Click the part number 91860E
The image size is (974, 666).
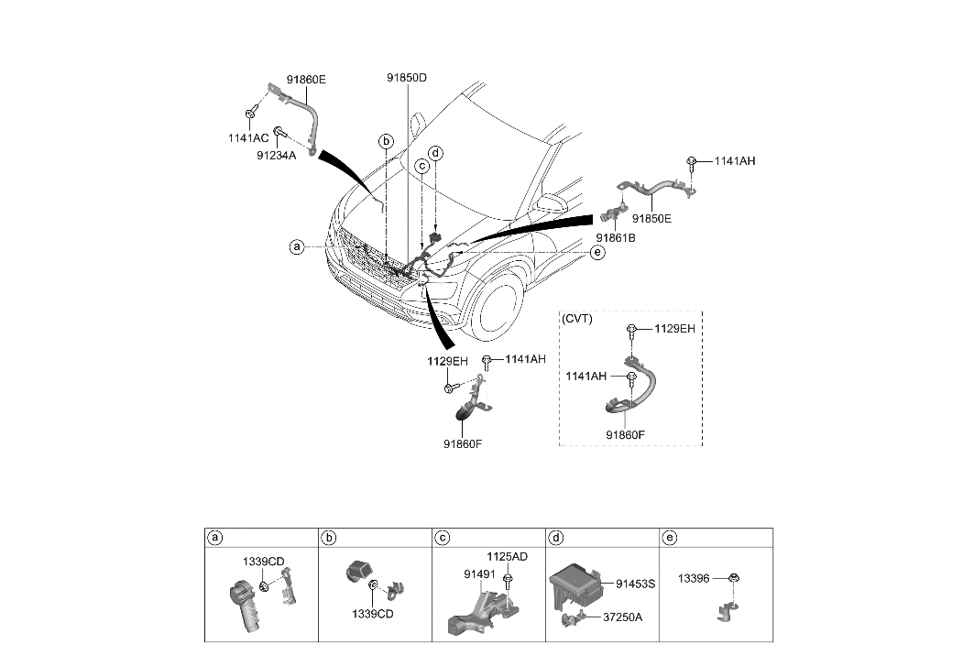tap(306, 80)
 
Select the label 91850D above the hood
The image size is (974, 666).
tap(407, 79)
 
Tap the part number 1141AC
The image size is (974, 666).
tap(248, 137)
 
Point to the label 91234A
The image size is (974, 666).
tap(276, 156)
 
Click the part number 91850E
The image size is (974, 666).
tap(651, 220)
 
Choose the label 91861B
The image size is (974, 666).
tap(617, 237)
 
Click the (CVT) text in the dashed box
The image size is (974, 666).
tap(577, 319)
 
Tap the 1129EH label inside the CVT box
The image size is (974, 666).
tap(674, 329)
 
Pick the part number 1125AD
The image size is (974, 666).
tap(507, 556)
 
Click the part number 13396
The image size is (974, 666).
tap(695, 578)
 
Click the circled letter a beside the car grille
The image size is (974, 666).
tap(296, 246)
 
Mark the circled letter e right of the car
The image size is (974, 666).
tap(596, 252)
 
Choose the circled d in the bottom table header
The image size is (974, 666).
tap(555, 537)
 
